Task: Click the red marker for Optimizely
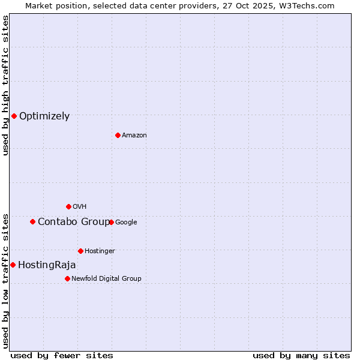coord(14,116)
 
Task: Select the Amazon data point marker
coord(118,135)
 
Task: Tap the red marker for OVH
coord(68,206)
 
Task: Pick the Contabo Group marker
coord(32,221)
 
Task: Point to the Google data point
coord(111,222)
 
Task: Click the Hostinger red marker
coord(80,251)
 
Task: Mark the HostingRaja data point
coord(13,265)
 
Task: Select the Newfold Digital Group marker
coord(67,278)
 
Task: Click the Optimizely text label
coord(44,116)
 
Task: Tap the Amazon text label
coord(134,136)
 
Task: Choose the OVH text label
coord(80,207)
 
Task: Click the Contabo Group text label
coord(73,222)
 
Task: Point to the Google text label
coord(126,223)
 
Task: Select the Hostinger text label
coord(100,251)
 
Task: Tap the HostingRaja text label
coord(47,265)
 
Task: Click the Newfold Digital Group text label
coord(106,279)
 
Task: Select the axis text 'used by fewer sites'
coord(62,355)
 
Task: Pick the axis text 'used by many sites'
coord(301,355)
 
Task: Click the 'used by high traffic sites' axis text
coord(5,85)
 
